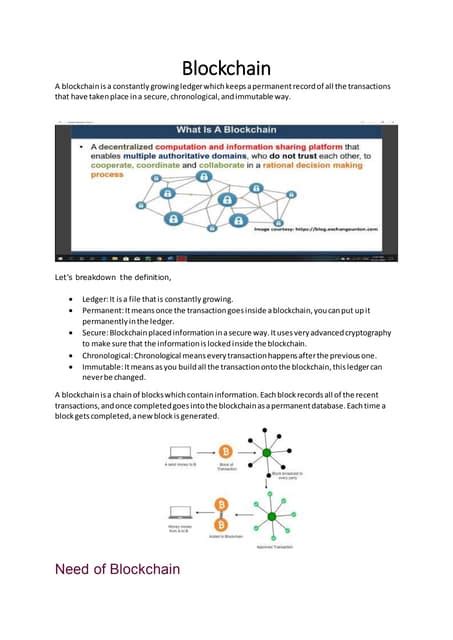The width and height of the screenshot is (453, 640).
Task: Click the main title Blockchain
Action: pos(226,69)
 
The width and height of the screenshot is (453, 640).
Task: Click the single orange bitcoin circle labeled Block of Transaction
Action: pos(227,455)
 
